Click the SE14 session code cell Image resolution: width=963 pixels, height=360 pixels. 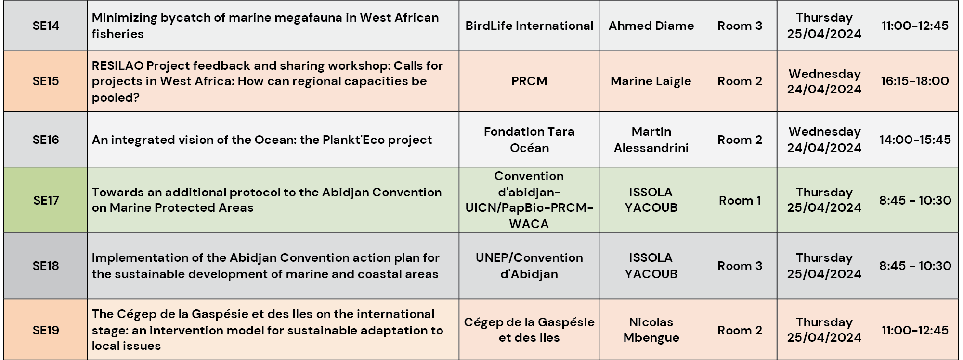tap(46, 26)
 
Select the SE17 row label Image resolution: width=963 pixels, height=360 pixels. tap(46, 200)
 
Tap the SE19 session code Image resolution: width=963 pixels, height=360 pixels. tap(46, 330)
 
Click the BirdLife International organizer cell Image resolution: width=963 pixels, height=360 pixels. tap(529, 26)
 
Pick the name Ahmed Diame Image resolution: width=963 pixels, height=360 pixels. tap(651, 26)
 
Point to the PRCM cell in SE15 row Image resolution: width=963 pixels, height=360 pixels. tap(529, 81)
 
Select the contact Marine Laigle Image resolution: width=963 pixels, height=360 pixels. tap(651, 81)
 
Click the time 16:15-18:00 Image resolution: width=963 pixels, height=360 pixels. tap(915, 81)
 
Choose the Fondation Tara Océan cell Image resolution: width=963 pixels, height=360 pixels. tap(529, 140)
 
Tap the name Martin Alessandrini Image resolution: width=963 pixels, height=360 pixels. tap(651, 140)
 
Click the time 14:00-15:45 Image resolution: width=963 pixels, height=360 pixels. tap(915, 140)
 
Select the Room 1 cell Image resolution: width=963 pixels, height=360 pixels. tap(740, 200)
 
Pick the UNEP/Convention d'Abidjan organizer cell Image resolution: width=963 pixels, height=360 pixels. tap(529, 266)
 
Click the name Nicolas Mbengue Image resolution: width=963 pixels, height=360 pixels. tap(651, 330)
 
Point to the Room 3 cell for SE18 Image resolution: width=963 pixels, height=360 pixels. tap(740, 266)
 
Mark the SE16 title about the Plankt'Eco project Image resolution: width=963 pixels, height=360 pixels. tap(262, 140)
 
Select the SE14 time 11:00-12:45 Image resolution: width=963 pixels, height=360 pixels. tap(915, 26)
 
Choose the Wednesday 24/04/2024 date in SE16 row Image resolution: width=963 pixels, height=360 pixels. tap(824, 140)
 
